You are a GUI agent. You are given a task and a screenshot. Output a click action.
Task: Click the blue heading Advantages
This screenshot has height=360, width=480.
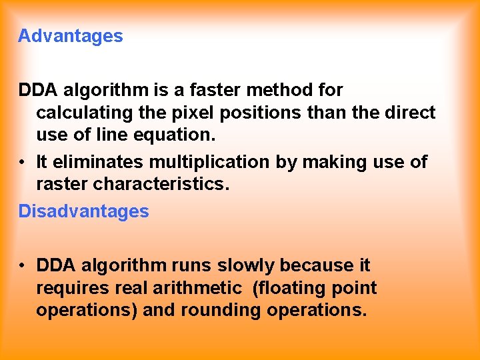[x=71, y=36]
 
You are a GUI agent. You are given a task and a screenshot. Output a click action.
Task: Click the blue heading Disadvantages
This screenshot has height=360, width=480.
[x=83, y=211]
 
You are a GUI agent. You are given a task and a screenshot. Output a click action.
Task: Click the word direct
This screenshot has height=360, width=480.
[x=410, y=112]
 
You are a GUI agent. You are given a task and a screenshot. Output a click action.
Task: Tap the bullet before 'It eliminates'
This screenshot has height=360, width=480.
[x=23, y=162]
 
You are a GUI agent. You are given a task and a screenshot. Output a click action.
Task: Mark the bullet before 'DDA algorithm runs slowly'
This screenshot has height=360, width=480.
[x=23, y=265]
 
